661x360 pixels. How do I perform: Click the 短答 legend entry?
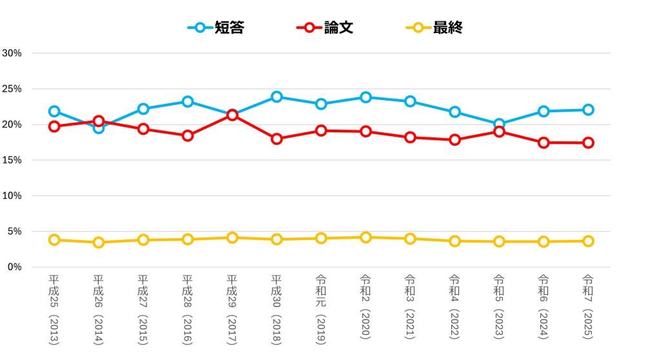point(216,28)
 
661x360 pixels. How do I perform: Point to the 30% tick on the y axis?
point(12,53)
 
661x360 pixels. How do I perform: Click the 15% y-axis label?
point(12,160)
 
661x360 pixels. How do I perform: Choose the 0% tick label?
point(15,266)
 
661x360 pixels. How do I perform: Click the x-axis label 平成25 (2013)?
point(54,310)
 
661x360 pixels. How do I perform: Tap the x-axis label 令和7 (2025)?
point(588,306)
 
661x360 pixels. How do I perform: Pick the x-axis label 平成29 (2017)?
point(232,310)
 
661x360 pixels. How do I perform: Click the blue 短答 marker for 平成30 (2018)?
point(276,97)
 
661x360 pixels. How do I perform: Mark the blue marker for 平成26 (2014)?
point(99,128)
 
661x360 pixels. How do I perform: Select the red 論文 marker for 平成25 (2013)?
point(54,126)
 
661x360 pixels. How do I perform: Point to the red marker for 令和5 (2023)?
point(499,132)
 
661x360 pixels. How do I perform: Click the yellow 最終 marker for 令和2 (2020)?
point(365,237)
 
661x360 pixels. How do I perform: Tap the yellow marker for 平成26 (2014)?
point(99,243)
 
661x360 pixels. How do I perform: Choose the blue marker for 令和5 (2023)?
point(499,124)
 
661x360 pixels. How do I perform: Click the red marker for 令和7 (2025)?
point(588,143)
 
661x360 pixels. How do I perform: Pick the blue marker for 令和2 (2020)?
point(365,97)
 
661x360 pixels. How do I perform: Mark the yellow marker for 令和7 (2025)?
point(588,241)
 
